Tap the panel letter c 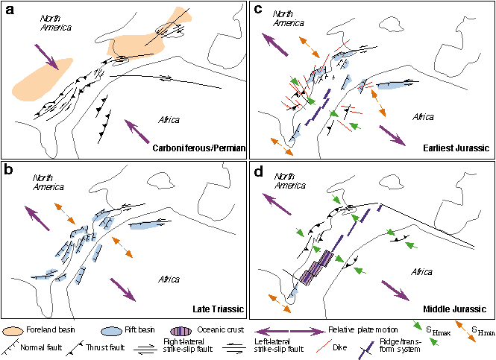259,10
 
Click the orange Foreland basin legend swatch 16,329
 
